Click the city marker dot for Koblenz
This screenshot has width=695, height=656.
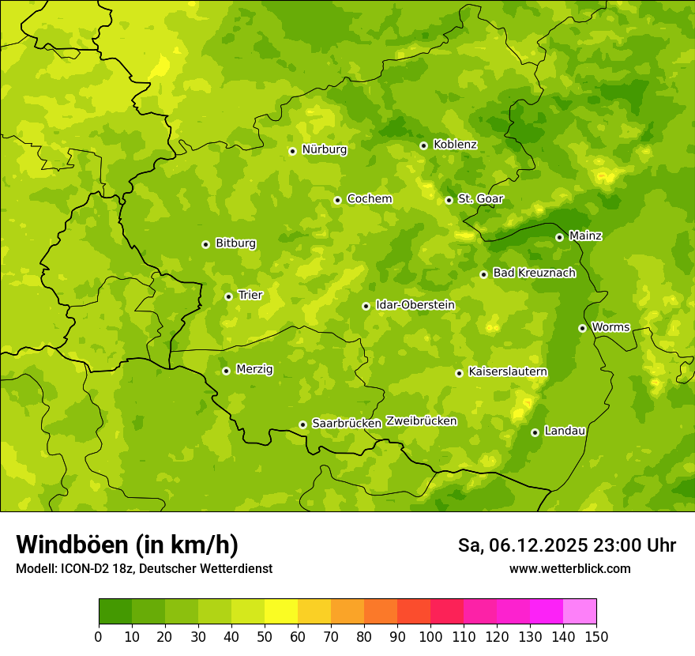(x=423, y=145)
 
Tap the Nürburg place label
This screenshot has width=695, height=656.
(x=324, y=149)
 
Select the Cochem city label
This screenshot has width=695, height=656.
(x=369, y=199)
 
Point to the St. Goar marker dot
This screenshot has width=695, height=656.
(x=449, y=200)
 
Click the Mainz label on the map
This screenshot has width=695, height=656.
(x=585, y=236)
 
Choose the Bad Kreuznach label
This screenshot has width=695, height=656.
(x=534, y=273)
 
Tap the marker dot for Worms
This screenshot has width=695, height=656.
(x=582, y=328)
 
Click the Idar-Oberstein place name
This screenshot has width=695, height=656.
(x=415, y=305)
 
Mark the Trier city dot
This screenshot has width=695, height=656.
(x=228, y=296)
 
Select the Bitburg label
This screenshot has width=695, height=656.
(x=235, y=243)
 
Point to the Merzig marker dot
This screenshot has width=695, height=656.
(x=226, y=371)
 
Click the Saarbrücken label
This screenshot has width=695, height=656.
(x=346, y=424)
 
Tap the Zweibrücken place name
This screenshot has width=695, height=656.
(x=421, y=421)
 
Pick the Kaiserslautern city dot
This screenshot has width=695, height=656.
(x=459, y=373)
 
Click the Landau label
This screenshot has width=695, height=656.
(x=565, y=431)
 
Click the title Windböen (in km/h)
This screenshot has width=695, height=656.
(x=127, y=545)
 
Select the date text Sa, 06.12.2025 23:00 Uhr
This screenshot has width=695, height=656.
(x=566, y=545)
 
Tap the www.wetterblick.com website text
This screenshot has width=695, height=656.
(x=569, y=568)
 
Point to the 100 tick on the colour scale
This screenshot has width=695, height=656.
(x=430, y=635)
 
